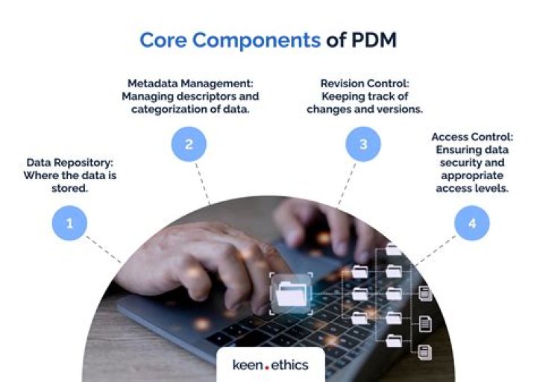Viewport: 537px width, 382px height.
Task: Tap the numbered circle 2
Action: (189, 143)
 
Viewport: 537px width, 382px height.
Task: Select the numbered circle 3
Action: (363, 143)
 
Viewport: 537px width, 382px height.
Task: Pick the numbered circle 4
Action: (472, 222)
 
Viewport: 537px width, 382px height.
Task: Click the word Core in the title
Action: (165, 40)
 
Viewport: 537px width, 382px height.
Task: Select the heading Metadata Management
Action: (189, 84)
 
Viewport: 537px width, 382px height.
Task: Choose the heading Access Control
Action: (471, 137)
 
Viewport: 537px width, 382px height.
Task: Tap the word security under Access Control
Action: (456, 163)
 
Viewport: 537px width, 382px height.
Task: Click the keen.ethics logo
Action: (269, 365)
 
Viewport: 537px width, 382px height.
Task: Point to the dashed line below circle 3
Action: (345, 183)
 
